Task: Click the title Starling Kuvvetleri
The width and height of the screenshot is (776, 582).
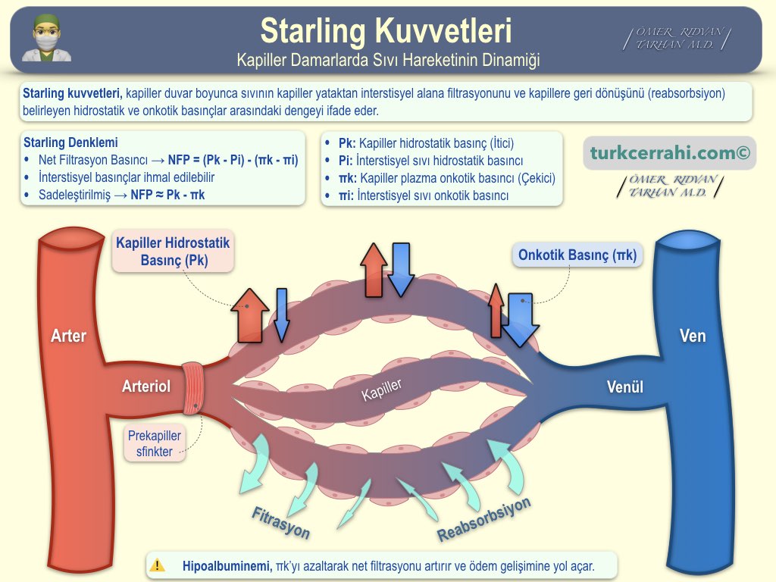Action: (x=386, y=31)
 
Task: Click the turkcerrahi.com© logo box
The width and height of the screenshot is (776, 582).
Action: (x=670, y=153)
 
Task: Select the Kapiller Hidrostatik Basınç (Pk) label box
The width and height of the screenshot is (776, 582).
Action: (x=174, y=252)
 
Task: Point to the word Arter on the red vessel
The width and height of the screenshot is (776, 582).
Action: (x=68, y=336)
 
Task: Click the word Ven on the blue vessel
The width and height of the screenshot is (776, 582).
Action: (x=692, y=336)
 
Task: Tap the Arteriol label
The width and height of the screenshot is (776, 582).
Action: (x=146, y=386)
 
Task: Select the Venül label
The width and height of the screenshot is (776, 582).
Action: (x=625, y=387)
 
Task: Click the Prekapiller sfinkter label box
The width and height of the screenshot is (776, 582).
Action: (x=155, y=444)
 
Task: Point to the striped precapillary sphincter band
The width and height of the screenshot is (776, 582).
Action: (x=195, y=388)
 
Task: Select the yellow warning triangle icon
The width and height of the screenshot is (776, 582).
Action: (x=158, y=565)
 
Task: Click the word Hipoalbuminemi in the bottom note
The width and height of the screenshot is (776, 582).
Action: (x=227, y=565)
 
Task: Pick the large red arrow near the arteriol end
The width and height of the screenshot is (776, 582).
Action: (x=249, y=314)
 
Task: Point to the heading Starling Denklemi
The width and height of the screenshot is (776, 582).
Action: (x=70, y=142)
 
